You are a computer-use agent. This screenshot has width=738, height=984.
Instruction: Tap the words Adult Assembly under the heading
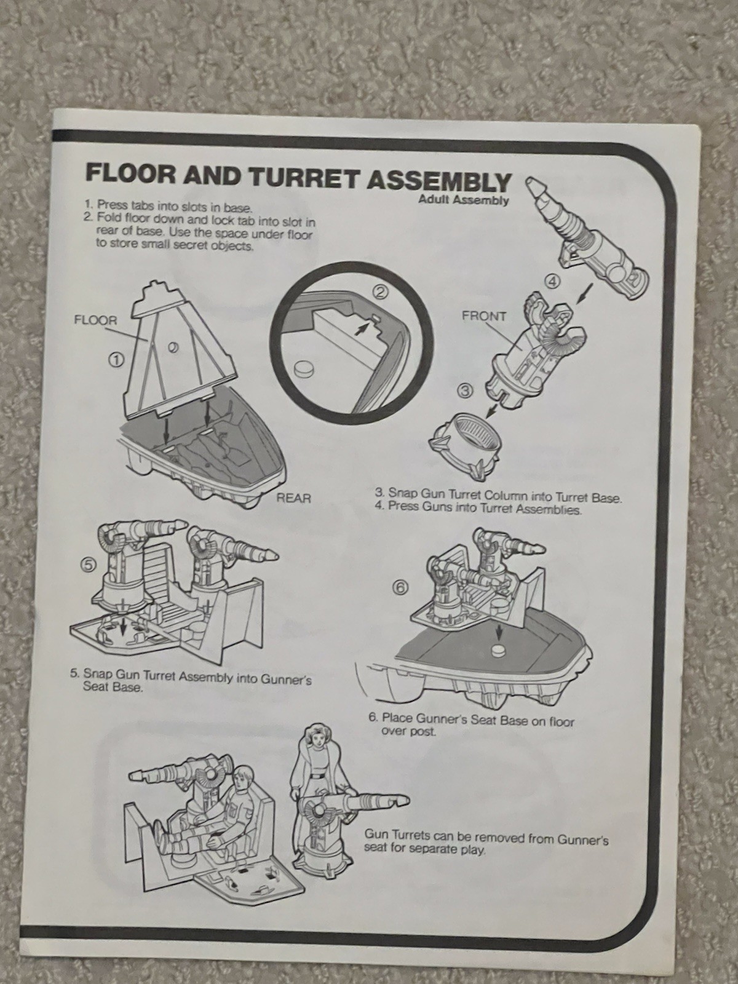pos(463,199)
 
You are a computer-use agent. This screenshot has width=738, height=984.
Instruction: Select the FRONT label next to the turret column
pos(485,317)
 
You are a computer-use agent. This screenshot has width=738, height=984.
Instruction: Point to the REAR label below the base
pos(294,498)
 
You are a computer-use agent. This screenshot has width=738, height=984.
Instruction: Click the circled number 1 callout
pos(116,359)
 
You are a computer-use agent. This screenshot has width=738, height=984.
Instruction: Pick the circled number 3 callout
pos(465,391)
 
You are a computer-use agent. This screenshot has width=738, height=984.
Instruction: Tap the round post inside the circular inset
pos(304,369)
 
